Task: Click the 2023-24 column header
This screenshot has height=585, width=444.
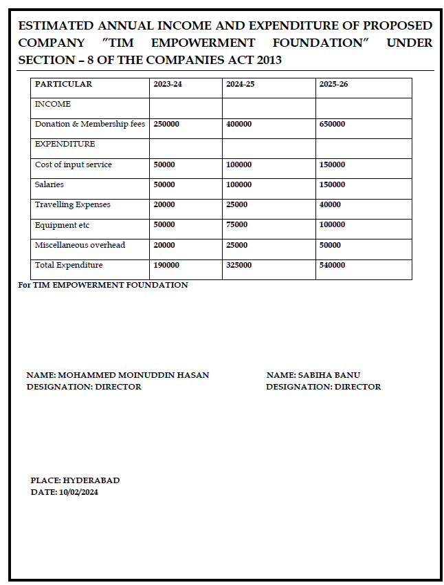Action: pos(168,84)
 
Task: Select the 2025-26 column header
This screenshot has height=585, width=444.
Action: pos(333,84)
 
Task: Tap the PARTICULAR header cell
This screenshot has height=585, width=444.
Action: pos(63,84)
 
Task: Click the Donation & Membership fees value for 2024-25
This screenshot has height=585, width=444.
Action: pos(238,124)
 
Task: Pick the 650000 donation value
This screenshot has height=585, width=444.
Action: pos(332,124)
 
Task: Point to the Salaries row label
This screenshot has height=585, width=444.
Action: pos(49,184)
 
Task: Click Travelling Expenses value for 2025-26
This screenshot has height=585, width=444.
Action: pos(330,204)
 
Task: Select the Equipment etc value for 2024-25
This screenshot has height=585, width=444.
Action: pos(236,224)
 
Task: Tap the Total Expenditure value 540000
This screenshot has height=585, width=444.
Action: pos(332,265)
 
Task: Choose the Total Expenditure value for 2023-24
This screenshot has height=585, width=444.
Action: pos(166,265)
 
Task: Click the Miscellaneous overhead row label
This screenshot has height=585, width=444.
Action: pos(80,245)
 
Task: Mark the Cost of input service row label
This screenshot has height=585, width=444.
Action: pos(73,164)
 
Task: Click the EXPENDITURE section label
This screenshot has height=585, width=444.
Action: pos(65,144)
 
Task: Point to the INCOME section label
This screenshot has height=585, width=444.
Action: pos(52,104)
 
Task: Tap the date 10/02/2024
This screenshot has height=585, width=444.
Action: pos(78,492)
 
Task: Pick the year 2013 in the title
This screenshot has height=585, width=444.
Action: pos(267,60)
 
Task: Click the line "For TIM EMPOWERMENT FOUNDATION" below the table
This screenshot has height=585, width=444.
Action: pos(103,285)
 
